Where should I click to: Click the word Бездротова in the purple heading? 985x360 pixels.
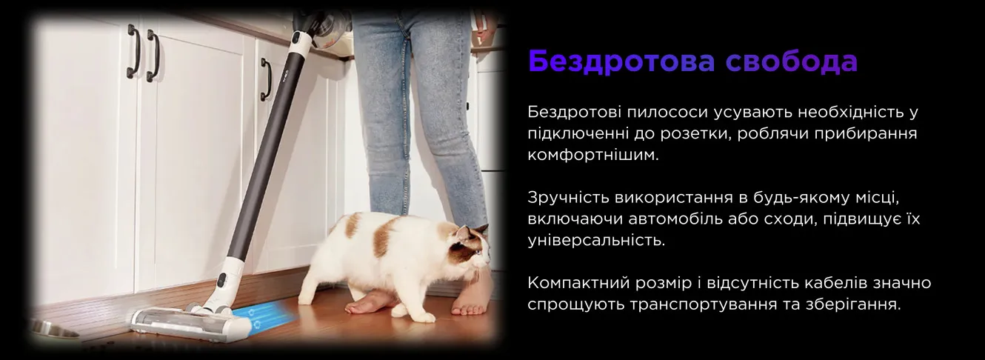(x=622, y=61)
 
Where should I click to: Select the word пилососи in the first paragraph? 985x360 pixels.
(x=667, y=113)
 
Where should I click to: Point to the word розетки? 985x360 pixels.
(x=695, y=133)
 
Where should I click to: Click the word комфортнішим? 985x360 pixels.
(x=593, y=155)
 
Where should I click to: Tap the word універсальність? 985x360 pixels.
(x=596, y=241)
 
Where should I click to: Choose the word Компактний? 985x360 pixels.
(x=578, y=283)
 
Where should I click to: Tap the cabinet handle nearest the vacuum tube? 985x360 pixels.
(x=266, y=80)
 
